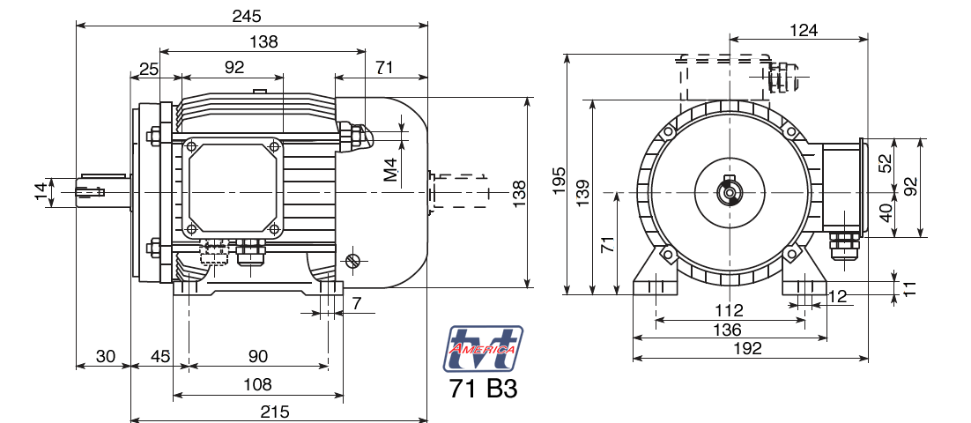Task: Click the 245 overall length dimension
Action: coord(247,16)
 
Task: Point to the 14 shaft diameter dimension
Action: coord(41,191)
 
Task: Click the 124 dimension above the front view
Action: coord(803,29)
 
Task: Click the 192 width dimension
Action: coord(746,348)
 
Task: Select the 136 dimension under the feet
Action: coord(727,329)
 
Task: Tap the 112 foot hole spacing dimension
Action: coord(729,310)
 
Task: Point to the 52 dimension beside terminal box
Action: coord(886,164)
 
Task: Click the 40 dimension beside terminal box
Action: coord(886,211)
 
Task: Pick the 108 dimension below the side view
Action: coord(257,385)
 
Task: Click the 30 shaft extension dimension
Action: coord(105,356)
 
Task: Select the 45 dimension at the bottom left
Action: coord(159,356)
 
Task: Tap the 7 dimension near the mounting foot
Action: coord(356,303)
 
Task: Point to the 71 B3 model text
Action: coord(483,390)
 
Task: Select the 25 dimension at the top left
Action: coord(149,68)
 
